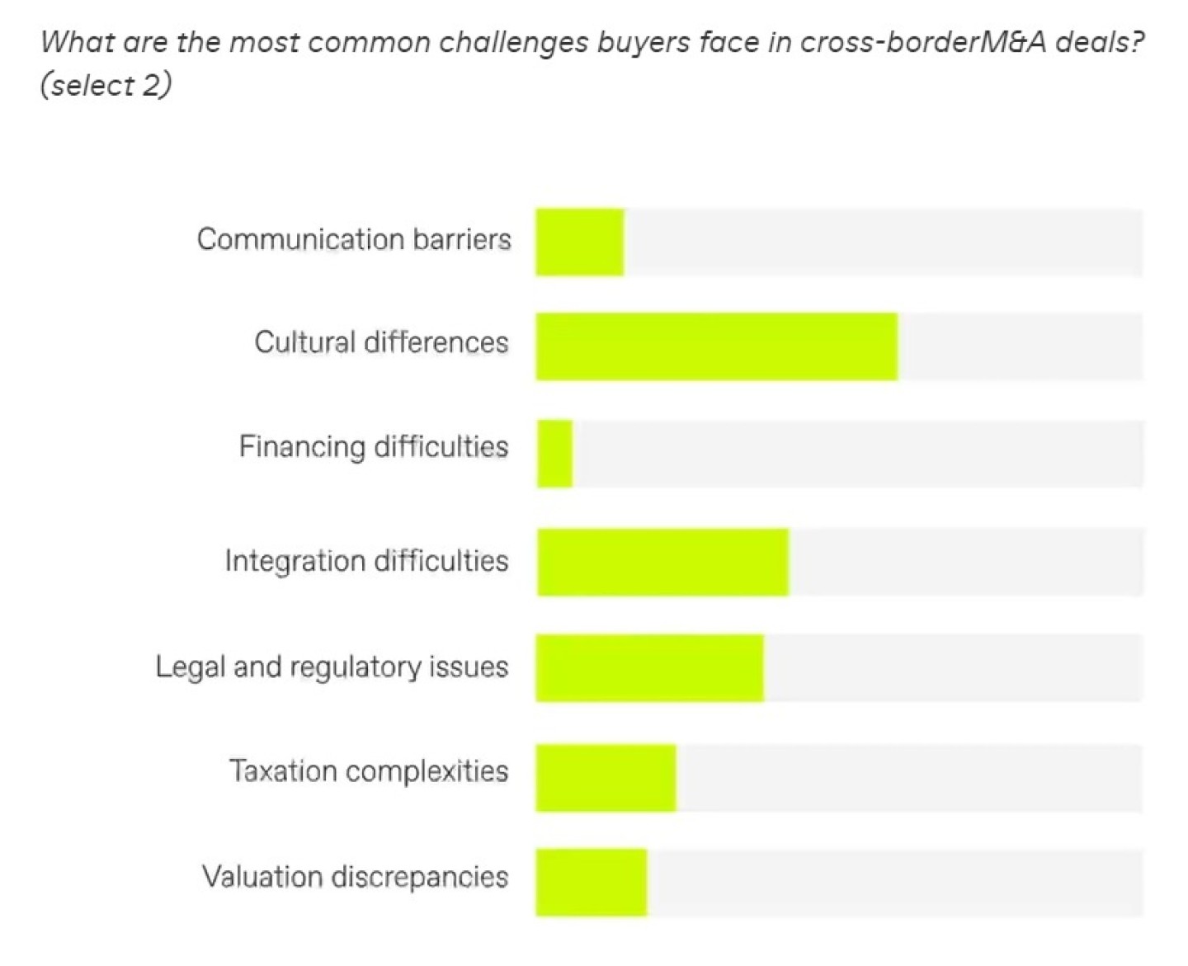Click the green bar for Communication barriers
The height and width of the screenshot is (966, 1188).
[x=579, y=242]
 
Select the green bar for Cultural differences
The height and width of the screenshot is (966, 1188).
[x=716, y=346]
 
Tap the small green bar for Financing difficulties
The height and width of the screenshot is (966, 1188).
[x=554, y=454]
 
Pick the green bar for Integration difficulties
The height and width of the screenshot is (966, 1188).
[x=662, y=562]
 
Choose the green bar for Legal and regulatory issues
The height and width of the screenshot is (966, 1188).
[x=649, y=667]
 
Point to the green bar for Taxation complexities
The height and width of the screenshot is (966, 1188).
[x=606, y=777]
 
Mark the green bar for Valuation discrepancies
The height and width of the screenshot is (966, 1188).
[x=591, y=881]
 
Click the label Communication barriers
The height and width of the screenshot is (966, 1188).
[x=354, y=239]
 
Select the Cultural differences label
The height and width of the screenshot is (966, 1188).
[x=381, y=342]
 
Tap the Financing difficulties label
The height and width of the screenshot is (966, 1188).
[x=374, y=447]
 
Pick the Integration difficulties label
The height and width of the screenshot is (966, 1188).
[x=366, y=561]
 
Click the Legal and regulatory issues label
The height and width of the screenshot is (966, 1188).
[x=332, y=667]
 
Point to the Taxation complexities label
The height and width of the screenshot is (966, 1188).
[x=369, y=771]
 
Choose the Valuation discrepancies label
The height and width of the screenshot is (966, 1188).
[x=355, y=876]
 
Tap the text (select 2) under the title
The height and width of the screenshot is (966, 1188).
[x=106, y=85]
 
